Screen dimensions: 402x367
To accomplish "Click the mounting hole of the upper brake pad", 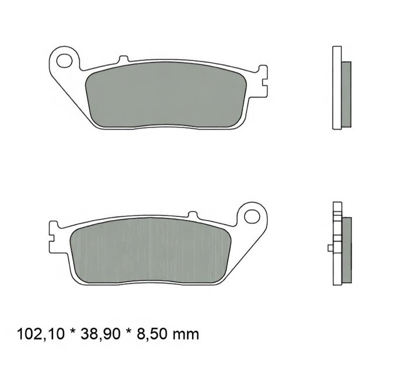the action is [x=64, y=61].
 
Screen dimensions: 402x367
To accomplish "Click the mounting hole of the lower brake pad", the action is [x=252, y=216].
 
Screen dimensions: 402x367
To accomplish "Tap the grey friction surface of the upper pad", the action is [x=166, y=95].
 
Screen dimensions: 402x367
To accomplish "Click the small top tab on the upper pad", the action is [x=124, y=59].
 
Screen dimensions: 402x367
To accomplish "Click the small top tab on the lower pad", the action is [x=192, y=214].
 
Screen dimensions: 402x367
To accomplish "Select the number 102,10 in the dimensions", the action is [x=41, y=335].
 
